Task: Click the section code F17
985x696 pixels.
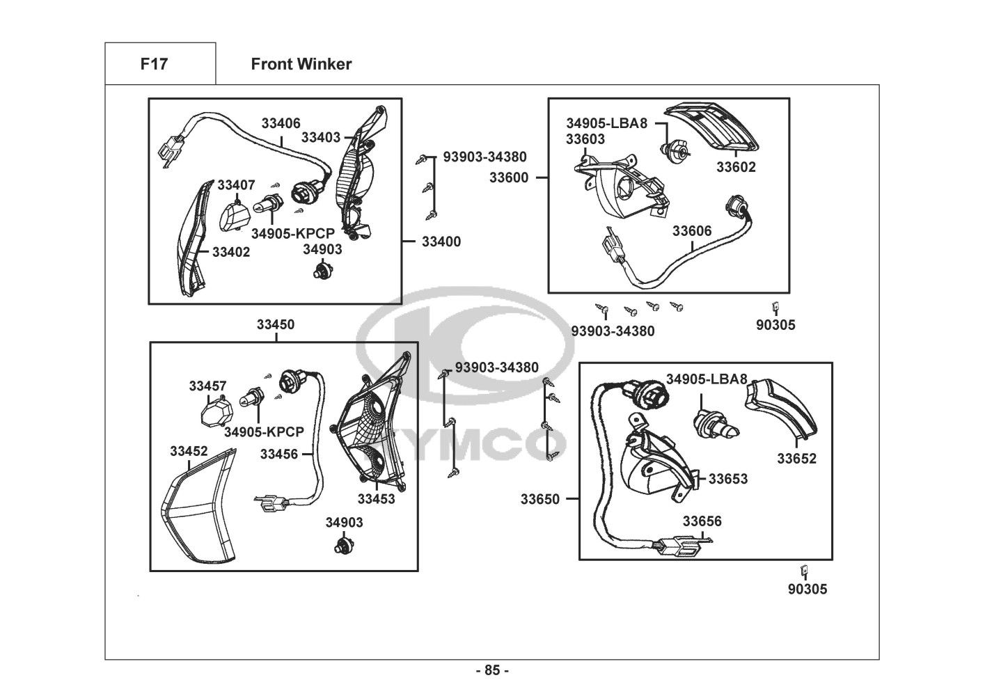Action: [154, 64]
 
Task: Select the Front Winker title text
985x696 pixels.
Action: [301, 64]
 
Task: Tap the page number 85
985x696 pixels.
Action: [492, 670]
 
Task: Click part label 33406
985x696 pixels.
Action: [281, 123]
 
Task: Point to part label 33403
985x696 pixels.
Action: [320, 137]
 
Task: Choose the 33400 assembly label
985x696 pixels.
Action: [441, 242]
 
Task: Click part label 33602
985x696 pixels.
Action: [736, 167]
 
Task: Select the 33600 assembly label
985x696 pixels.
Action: [508, 177]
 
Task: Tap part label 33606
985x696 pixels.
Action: [692, 231]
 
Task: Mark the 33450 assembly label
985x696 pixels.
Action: [276, 324]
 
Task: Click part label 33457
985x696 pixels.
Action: [207, 386]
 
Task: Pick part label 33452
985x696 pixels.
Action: [189, 451]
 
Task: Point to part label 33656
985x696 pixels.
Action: [702, 521]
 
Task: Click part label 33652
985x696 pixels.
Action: [796, 459]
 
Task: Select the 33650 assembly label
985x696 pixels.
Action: [540, 499]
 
